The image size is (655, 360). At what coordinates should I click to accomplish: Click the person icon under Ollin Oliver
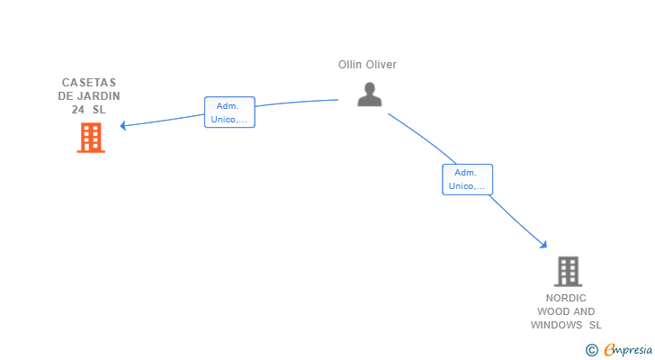point(370,94)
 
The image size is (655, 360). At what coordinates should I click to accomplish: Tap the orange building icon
point(91,138)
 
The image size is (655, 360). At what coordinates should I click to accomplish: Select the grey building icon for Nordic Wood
point(568,272)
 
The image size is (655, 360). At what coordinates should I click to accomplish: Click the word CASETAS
point(89,83)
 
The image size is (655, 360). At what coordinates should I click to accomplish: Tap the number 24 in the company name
point(77,110)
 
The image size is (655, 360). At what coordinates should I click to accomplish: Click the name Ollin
point(350,65)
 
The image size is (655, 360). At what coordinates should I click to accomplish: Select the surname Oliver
point(381,65)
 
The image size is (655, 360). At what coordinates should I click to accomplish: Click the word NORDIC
point(566,298)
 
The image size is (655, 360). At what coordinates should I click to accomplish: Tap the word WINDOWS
point(556,325)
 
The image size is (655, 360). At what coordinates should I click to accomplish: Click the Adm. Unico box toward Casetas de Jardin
point(229,112)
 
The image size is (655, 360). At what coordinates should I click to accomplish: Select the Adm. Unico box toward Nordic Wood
point(468,180)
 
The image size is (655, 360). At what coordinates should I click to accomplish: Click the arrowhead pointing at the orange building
point(122,125)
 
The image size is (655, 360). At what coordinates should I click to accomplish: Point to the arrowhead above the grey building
point(543,244)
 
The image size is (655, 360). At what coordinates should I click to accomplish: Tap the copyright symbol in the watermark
point(592,350)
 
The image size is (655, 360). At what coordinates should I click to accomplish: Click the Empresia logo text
point(628,350)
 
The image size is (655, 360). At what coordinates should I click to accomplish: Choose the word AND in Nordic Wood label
point(585,311)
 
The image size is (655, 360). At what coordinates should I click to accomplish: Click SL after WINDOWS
point(596,325)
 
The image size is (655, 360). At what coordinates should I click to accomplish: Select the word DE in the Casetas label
point(65,96)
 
